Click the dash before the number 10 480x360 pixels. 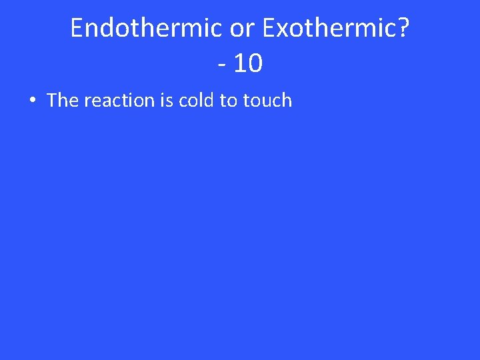coord(221,64)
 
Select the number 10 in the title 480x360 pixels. coord(248,64)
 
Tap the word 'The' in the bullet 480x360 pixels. coord(63,101)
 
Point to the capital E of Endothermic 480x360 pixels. coord(77,28)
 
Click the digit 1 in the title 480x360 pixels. coord(239,64)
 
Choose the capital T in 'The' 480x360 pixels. coord(53,101)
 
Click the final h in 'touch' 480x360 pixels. coord(287,101)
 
